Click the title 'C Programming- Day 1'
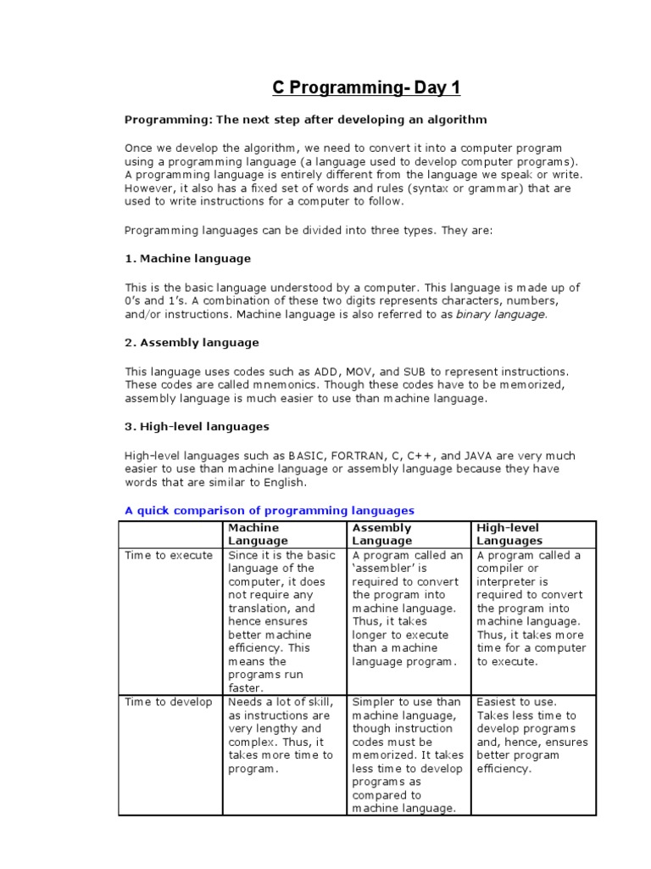click(366, 88)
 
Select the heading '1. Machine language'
click(187, 258)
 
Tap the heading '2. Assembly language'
click(192, 343)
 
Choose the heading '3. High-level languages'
click(197, 427)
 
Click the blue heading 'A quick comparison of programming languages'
click(270, 511)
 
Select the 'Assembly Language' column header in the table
click(381, 534)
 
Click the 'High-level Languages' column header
click(509, 534)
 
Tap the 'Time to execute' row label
click(169, 556)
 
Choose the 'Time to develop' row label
click(169, 702)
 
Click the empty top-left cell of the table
click(170, 534)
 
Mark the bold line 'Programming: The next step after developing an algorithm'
click(306, 120)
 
